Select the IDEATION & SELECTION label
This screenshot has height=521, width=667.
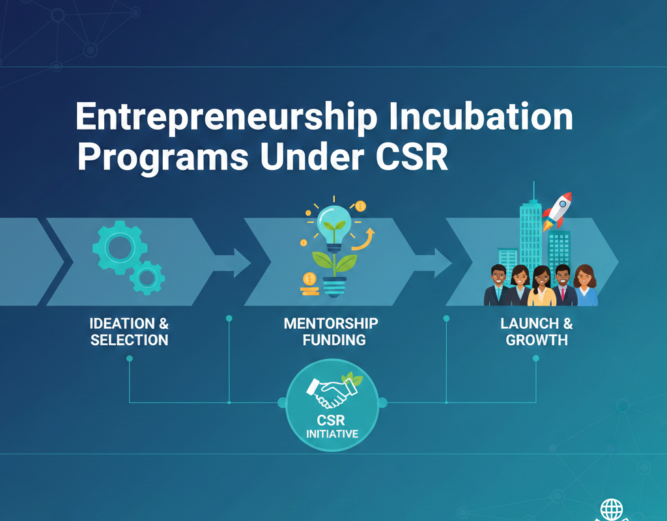click(129, 331)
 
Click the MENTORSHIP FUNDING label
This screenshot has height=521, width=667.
click(331, 331)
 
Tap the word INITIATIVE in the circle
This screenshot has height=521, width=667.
click(332, 433)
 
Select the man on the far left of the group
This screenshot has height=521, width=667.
click(498, 287)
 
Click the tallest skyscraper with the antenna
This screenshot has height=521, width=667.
click(531, 228)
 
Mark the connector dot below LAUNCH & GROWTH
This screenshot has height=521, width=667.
click(536, 358)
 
